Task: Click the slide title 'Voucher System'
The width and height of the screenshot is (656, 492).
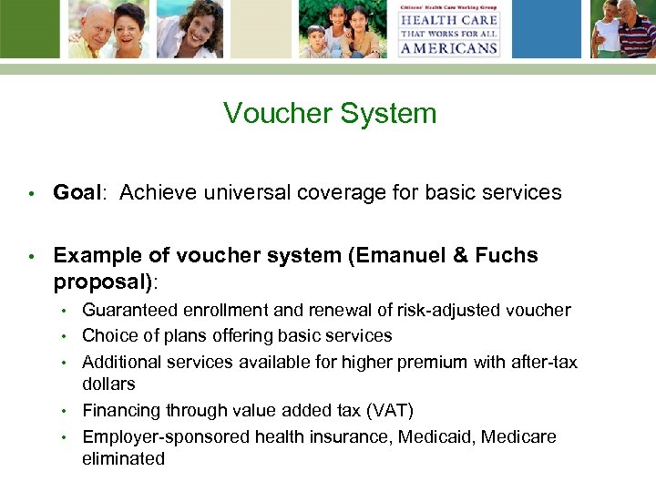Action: (x=330, y=114)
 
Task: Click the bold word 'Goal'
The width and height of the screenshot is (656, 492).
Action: (x=77, y=192)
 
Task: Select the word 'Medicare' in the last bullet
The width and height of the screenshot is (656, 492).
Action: (x=518, y=436)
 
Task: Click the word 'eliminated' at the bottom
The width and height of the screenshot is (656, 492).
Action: (x=123, y=458)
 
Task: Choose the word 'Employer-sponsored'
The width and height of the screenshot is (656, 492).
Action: (x=166, y=436)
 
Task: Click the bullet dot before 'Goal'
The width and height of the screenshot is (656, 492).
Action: (x=30, y=193)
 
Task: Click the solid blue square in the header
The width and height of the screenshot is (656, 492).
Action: (x=261, y=29)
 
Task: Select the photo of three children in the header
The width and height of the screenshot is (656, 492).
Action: (x=343, y=29)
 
